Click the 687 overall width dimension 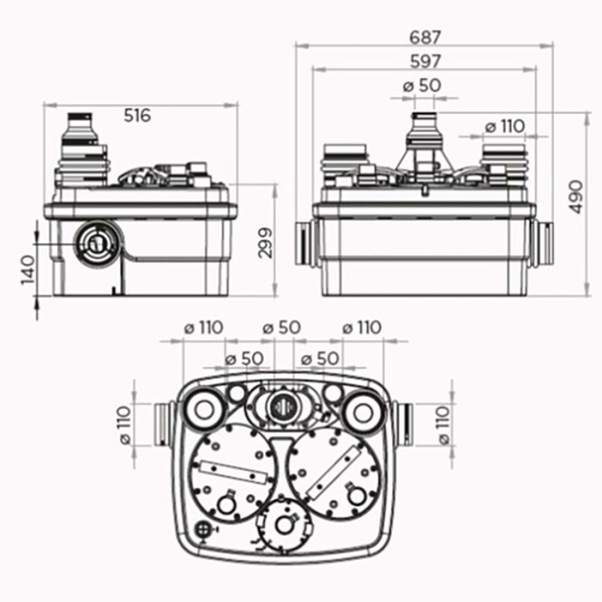click(x=425, y=37)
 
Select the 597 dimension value click(x=425, y=61)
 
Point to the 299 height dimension click(x=265, y=243)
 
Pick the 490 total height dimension click(x=578, y=197)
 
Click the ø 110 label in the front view click(x=504, y=126)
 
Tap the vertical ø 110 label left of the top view click(x=125, y=425)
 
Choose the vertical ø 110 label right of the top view click(x=444, y=425)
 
